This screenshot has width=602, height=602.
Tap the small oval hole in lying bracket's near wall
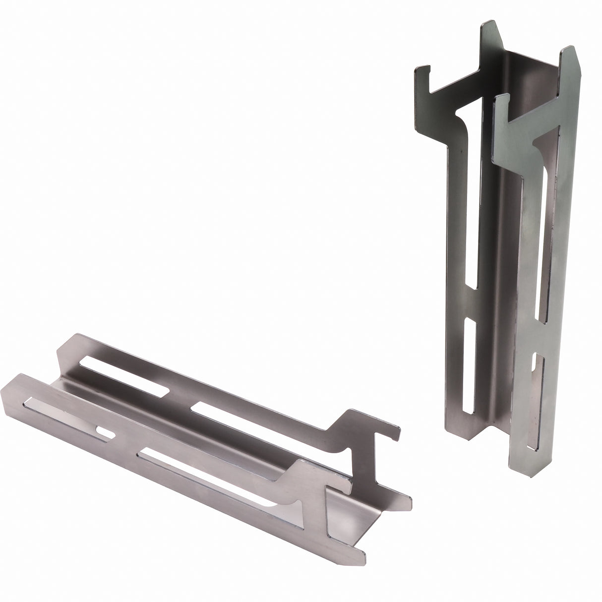coord(106,433)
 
